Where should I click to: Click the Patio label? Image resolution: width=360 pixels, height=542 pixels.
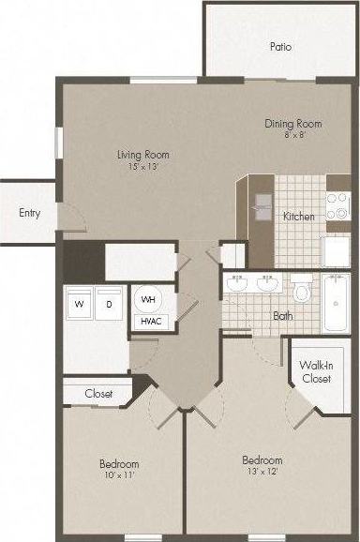pyautogui.click(x=278, y=46)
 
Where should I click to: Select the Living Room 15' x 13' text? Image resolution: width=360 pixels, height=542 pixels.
pyautogui.click(x=143, y=160)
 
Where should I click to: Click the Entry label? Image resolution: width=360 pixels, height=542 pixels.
pyautogui.click(x=29, y=213)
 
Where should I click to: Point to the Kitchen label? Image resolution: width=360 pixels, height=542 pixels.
pyautogui.click(x=298, y=217)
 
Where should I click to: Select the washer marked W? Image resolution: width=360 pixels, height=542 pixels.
pyautogui.click(x=80, y=305)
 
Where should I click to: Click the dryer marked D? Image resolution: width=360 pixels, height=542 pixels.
pyautogui.click(x=109, y=305)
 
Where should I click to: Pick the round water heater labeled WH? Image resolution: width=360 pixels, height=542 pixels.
pyautogui.click(x=148, y=299)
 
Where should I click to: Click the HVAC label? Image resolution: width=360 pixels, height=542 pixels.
pyautogui.click(x=149, y=322)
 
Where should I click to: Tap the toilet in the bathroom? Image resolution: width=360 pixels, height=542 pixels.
pyautogui.click(x=301, y=291)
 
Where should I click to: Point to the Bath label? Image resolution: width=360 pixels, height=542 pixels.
pyautogui.click(x=283, y=316)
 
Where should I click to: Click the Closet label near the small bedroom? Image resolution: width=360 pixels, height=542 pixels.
pyautogui.click(x=98, y=394)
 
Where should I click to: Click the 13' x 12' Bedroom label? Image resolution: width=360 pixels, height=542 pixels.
pyautogui.click(x=262, y=466)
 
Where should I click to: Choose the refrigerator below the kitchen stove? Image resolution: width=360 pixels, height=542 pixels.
pyautogui.click(x=336, y=251)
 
